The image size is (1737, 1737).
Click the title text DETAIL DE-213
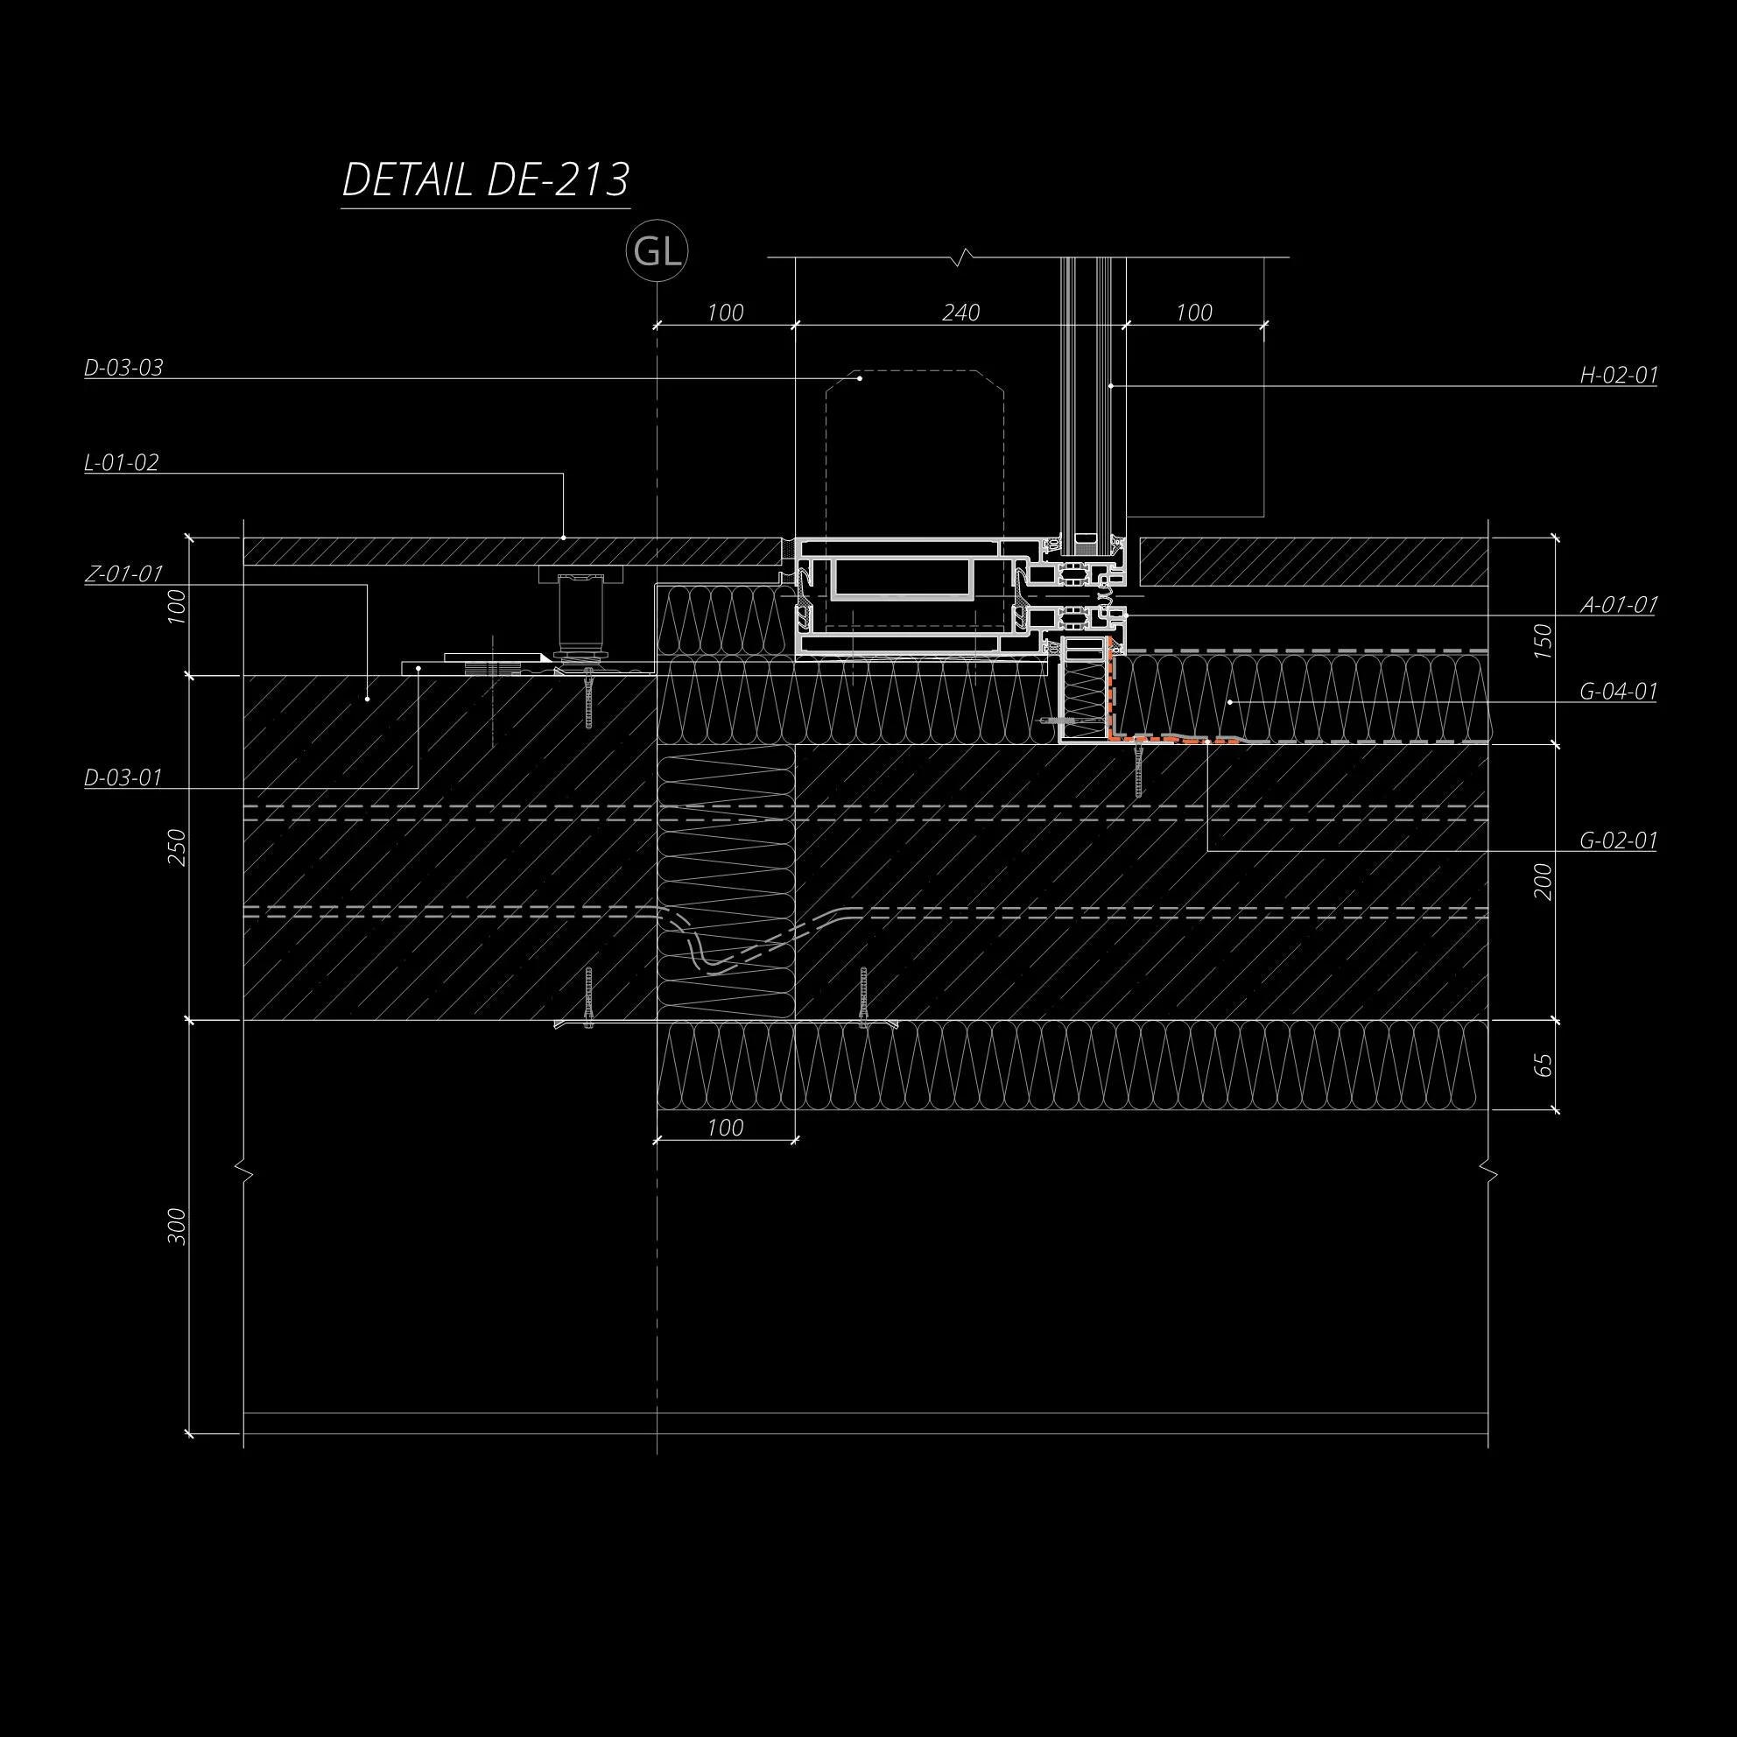(x=486, y=179)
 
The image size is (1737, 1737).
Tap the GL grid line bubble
(x=658, y=253)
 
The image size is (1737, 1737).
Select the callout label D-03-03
(x=123, y=368)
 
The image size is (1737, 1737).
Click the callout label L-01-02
(x=122, y=463)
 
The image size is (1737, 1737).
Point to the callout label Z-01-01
(x=123, y=573)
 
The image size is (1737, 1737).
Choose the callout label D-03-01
(x=123, y=777)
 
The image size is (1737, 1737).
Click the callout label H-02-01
(x=1618, y=375)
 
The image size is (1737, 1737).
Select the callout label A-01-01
(x=1618, y=604)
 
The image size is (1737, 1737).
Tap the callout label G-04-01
(x=1618, y=692)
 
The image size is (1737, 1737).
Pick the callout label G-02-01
(x=1618, y=840)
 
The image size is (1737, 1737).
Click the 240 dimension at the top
(x=960, y=312)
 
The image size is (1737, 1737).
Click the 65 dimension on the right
(x=1542, y=1065)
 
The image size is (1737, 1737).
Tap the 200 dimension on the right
(x=1542, y=881)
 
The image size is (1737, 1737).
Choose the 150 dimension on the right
(x=1542, y=640)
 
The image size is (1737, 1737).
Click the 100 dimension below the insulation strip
(x=725, y=1128)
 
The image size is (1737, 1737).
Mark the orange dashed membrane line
(x=1160, y=741)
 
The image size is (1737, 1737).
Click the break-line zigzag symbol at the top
(x=965, y=257)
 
